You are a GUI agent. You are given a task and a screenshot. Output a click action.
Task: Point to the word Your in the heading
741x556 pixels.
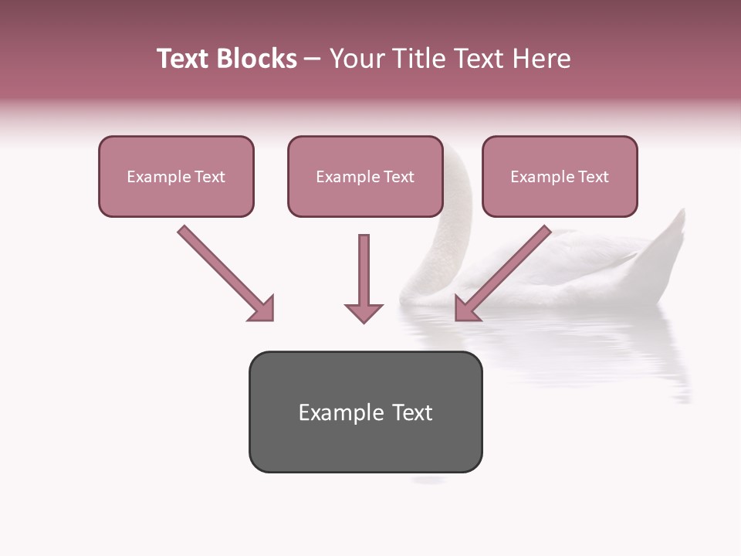(x=357, y=59)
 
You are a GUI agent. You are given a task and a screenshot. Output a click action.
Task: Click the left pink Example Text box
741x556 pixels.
(x=176, y=176)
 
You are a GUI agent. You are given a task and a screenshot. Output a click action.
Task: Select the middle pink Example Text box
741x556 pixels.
(x=365, y=176)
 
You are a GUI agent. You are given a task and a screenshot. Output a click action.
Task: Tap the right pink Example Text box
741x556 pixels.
(x=560, y=176)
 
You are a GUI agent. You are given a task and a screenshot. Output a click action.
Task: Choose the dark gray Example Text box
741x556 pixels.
(x=365, y=412)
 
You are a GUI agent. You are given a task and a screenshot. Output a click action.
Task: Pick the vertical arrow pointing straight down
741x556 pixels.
(x=364, y=274)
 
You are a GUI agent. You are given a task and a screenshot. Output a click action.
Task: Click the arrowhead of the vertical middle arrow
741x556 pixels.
(x=364, y=312)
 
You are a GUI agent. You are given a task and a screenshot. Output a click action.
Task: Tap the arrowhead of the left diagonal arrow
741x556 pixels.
(x=263, y=310)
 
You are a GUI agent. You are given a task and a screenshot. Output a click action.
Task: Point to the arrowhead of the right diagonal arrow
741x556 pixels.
(x=465, y=310)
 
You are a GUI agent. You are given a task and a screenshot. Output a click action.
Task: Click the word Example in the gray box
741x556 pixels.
(x=330, y=412)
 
